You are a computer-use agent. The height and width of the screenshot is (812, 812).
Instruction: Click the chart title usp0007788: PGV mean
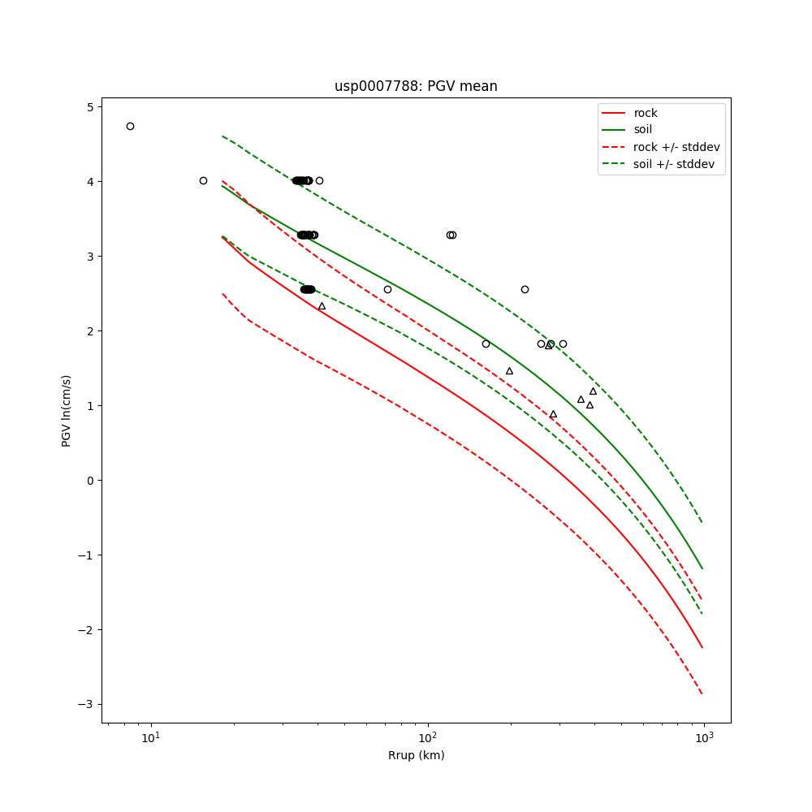pyautogui.click(x=416, y=86)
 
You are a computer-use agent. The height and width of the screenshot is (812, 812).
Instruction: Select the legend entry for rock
pyautogui.click(x=646, y=113)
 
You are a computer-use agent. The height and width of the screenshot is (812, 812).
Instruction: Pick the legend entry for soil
pyautogui.click(x=642, y=129)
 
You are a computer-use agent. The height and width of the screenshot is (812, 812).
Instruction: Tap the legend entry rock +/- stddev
pyautogui.click(x=676, y=147)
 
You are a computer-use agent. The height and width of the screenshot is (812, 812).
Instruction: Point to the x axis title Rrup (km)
pyautogui.click(x=416, y=756)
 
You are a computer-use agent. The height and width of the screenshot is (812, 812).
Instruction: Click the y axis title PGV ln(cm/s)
pyautogui.click(x=67, y=411)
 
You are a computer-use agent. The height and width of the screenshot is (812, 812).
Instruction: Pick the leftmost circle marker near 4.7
pyautogui.click(x=130, y=126)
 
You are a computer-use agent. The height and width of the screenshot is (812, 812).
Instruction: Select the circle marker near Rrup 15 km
pyautogui.click(x=203, y=180)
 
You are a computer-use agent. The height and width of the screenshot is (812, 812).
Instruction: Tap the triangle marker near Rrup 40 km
pyautogui.click(x=322, y=306)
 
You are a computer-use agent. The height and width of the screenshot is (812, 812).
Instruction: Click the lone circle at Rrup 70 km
pyautogui.click(x=387, y=289)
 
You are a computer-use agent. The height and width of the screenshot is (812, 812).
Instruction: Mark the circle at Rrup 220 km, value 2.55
pyautogui.click(x=525, y=289)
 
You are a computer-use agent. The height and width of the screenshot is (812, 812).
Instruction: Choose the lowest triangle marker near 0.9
pyautogui.click(x=553, y=414)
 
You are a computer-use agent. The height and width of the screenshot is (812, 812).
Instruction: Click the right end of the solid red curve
pyautogui.click(x=702, y=647)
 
